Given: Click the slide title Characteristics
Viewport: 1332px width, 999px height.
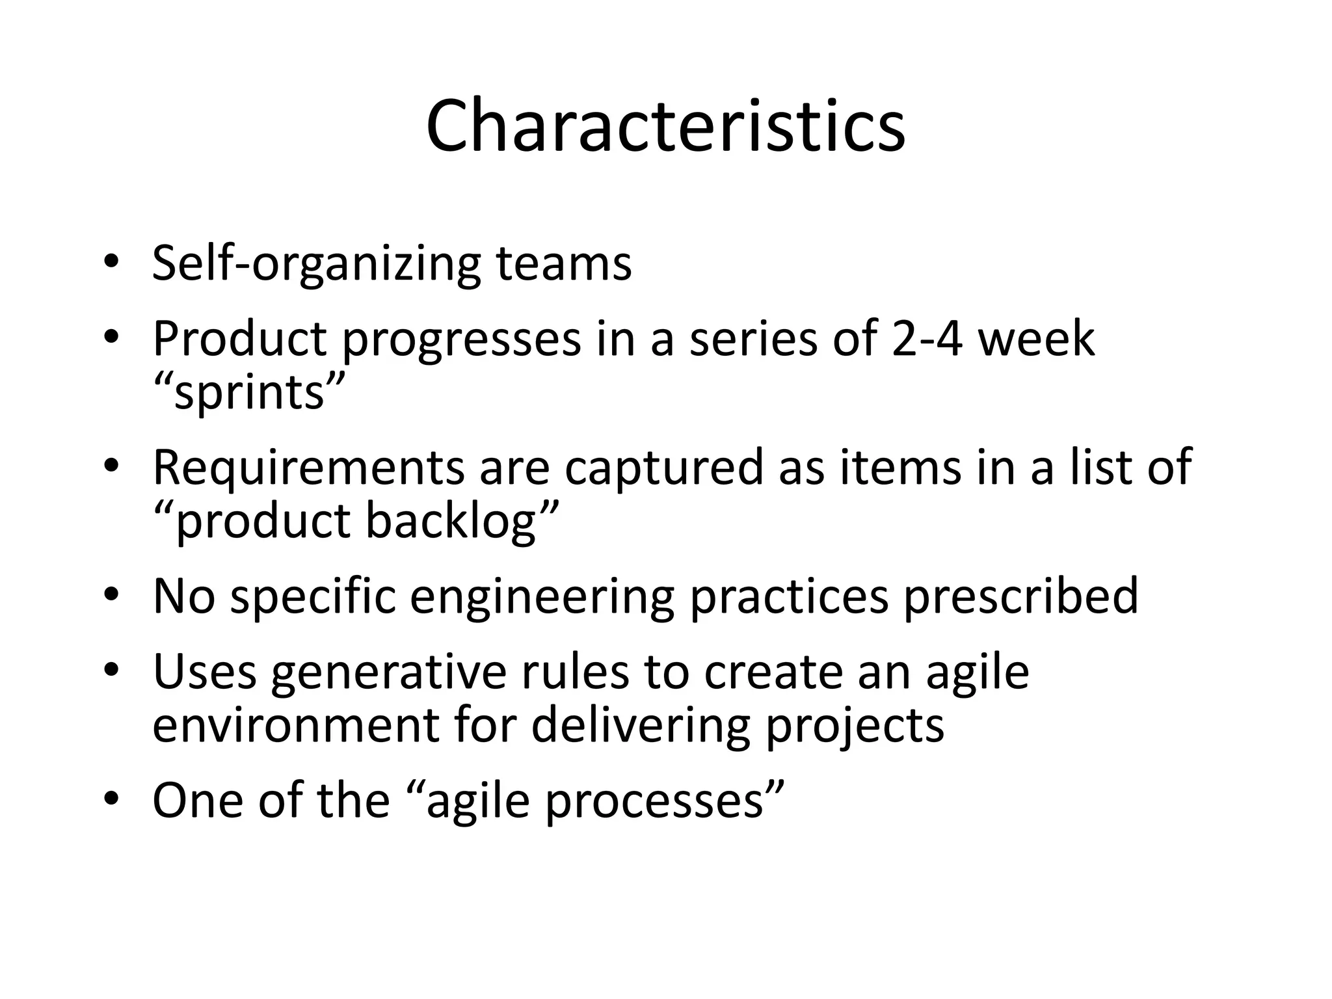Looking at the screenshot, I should (x=665, y=126).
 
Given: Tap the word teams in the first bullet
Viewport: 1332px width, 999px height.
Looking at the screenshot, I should (x=563, y=263).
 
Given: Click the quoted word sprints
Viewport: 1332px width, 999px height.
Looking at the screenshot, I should (x=249, y=393).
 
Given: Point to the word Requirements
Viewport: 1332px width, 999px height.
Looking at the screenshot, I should (x=308, y=468).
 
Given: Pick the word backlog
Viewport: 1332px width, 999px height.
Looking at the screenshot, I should (x=450, y=522).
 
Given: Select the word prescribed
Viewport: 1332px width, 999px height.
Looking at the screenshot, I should (x=1020, y=597).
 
